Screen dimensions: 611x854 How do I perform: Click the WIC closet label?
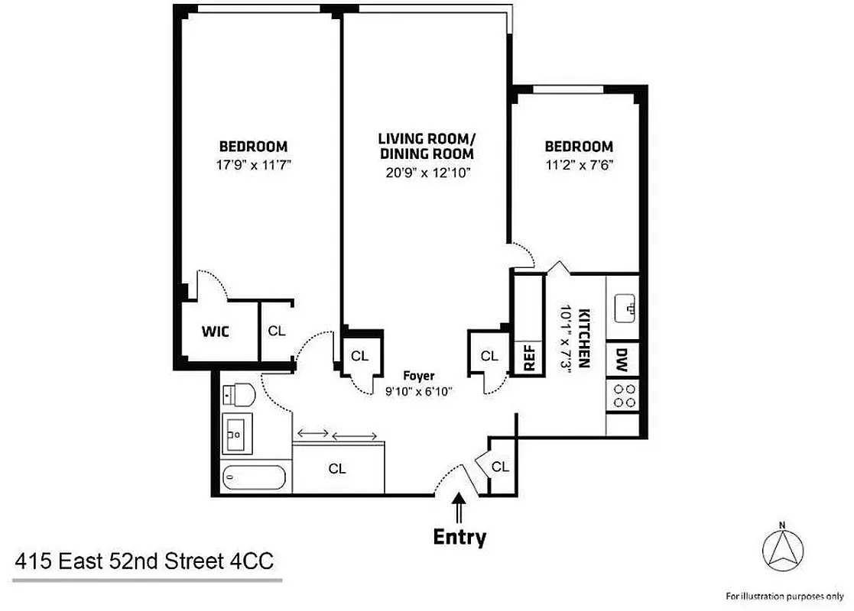pyautogui.click(x=216, y=331)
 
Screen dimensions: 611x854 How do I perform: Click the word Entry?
pyautogui.click(x=459, y=537)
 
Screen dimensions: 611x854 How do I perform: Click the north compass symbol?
pyautogui.click(x=782, y=549)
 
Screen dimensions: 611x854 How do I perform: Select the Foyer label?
pyautogui.click(x=420, y=376)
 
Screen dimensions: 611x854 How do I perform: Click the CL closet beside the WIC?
pyautogui.click(x=276, y=331)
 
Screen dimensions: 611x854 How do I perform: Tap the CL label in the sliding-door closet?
pyautogui.click(x=337, y=469)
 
